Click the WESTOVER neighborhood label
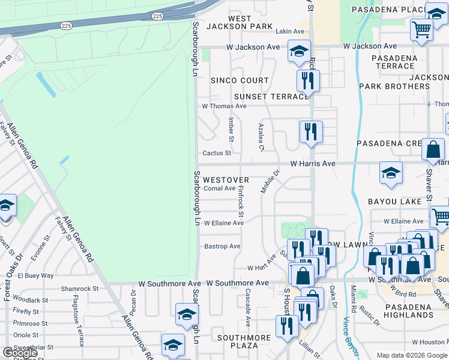226,180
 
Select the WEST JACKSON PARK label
240,23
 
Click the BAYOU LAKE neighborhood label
395,202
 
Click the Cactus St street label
217,153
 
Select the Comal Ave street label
220,188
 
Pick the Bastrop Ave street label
222,247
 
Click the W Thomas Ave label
224,106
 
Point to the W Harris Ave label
312,163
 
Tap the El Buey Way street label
35,276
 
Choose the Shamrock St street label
79,289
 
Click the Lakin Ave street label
290,32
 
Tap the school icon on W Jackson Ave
299,52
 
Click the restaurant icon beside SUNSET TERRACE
308,80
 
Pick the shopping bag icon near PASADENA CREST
433,150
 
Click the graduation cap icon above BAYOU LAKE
391,173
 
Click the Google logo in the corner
20,353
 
